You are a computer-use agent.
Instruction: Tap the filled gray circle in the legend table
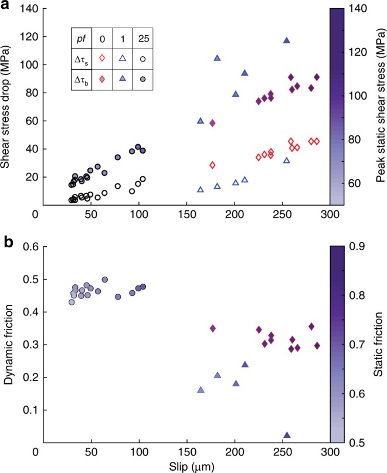143,79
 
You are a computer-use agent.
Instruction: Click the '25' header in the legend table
143,37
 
